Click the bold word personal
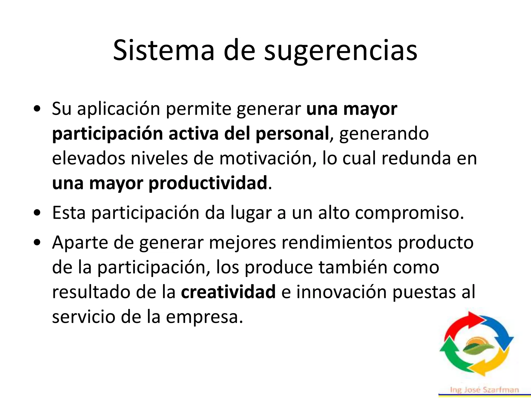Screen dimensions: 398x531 (x=292, y=134)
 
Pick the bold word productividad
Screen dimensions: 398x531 (x=208, y=183)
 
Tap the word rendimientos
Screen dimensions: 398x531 (x=337, y=243)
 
